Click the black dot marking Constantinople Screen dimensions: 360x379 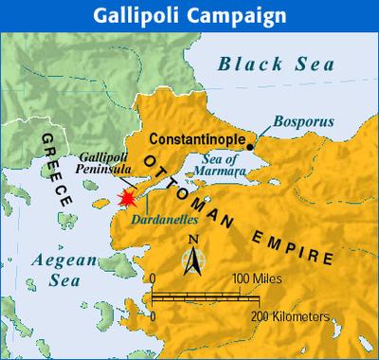248,147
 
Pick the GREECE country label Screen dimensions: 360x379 55,171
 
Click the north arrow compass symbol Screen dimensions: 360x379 193,254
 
